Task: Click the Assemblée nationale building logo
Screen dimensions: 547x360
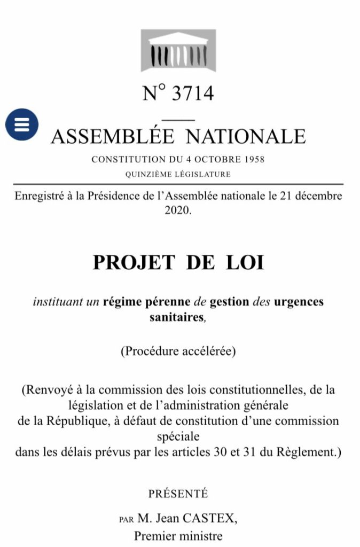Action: pos(178,50)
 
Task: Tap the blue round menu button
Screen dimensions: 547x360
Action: pos(22,124)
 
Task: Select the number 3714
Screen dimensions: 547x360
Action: pos(192,93)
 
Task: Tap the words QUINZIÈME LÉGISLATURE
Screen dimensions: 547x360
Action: pos(178,174)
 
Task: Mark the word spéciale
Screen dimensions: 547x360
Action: pos(178,436)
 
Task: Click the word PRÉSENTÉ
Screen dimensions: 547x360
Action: pos(178,494)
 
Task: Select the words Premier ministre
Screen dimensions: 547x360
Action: pos(178,535)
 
